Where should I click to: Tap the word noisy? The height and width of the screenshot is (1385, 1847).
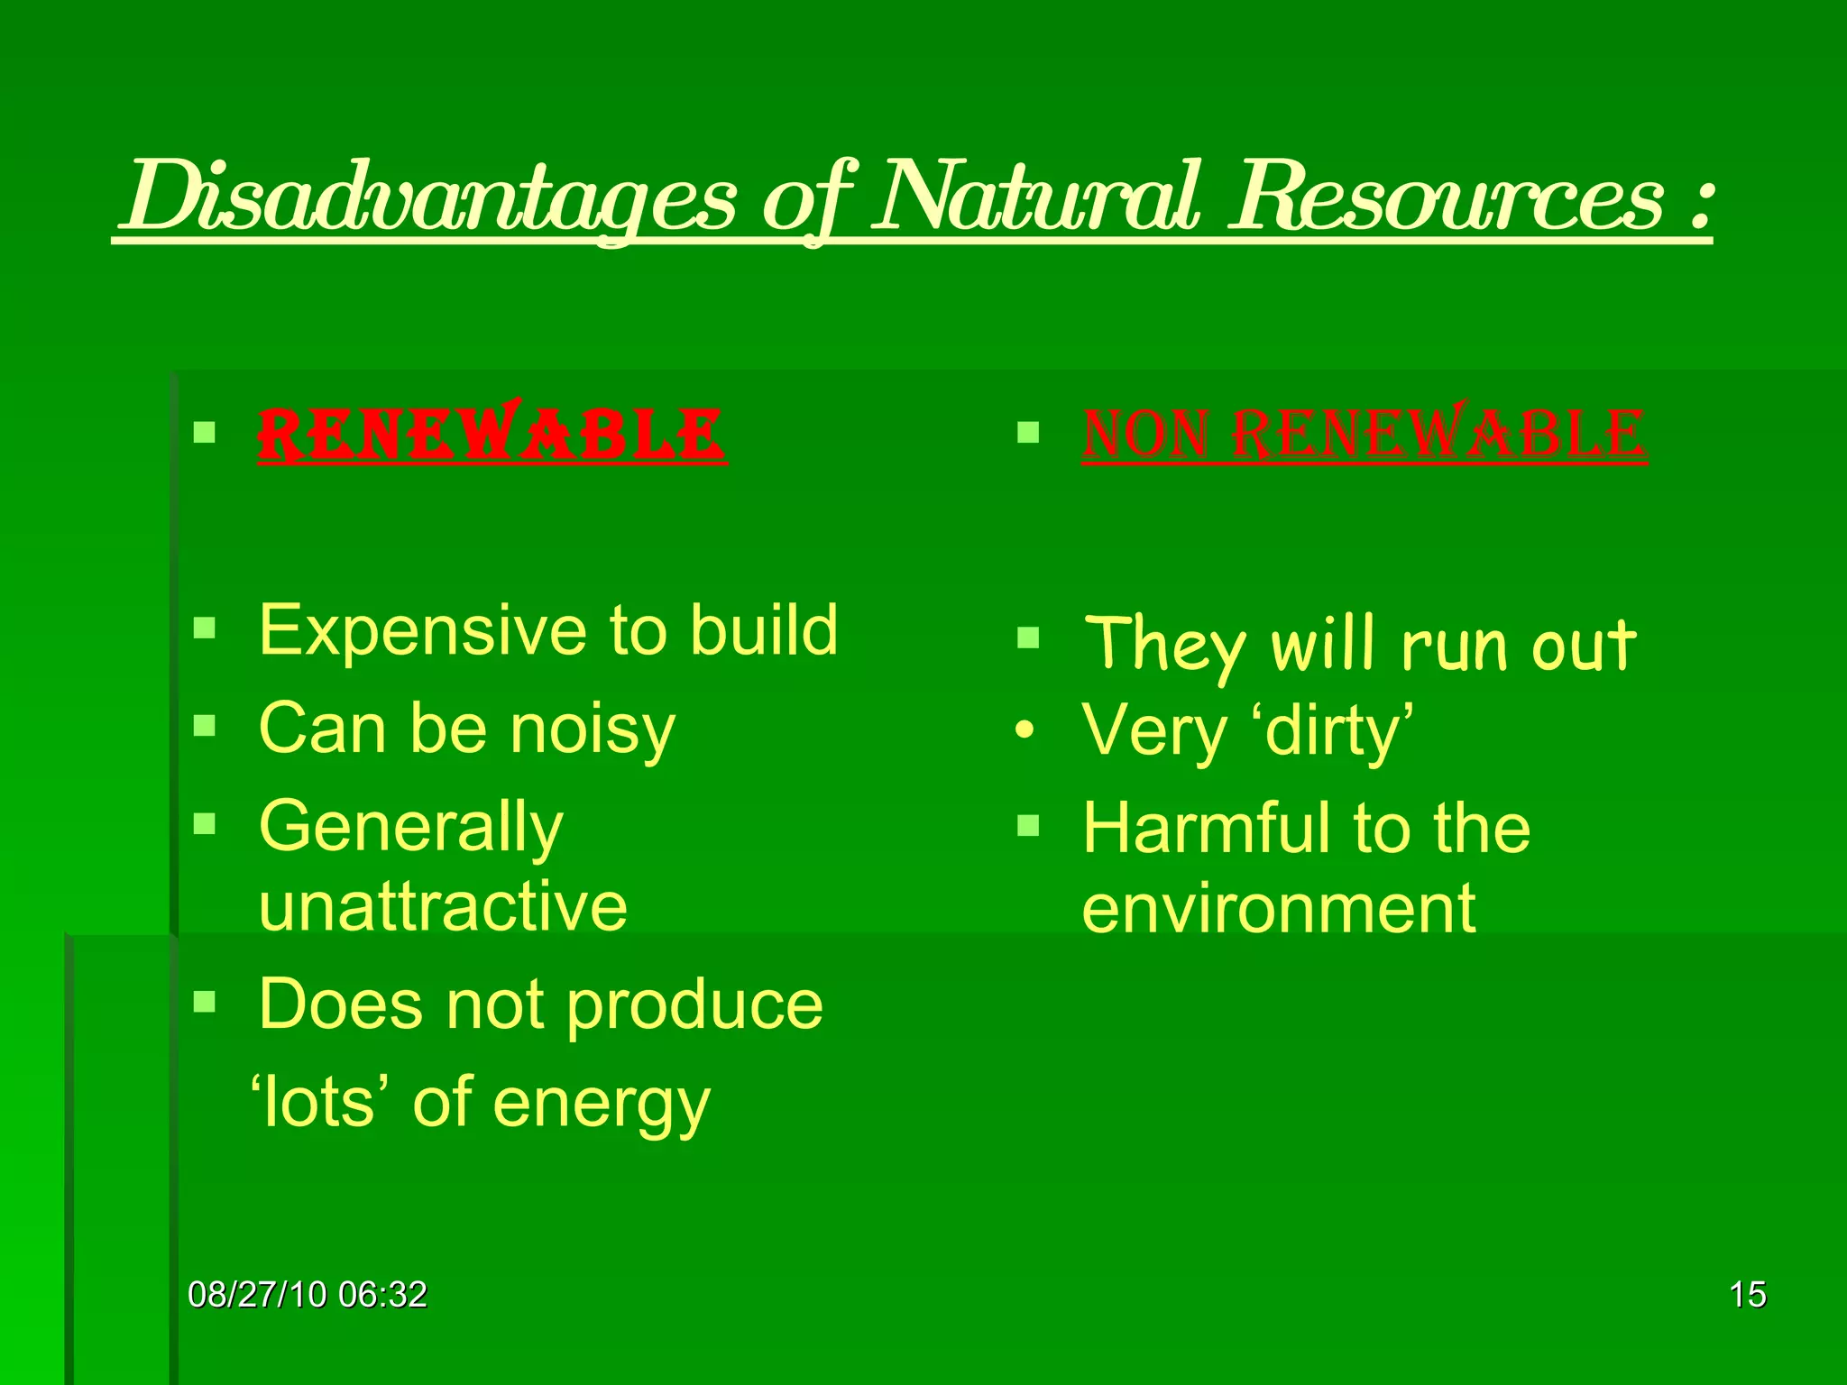[x=593, y=729]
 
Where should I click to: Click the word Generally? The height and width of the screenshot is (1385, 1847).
[x=410, y=828]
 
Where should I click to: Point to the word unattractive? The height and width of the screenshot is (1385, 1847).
[x=442, y=906]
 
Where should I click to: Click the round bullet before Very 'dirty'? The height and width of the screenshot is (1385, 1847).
[x=1024, y=729]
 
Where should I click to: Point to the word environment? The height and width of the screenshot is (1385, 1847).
[x=1278, y=909]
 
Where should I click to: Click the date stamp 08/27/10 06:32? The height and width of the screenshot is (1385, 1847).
[x=307, y=1295]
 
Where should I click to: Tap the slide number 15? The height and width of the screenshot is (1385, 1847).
[x=1747, y=1295]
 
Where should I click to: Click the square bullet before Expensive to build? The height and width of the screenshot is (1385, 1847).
[x=205, y=628]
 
